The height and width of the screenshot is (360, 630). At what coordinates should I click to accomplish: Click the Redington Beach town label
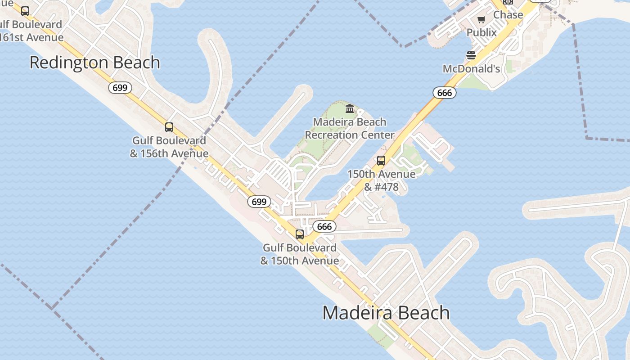(95, 63)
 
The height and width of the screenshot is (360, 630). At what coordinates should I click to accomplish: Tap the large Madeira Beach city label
(386, 313)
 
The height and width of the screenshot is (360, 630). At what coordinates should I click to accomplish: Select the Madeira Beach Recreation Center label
(350, 128)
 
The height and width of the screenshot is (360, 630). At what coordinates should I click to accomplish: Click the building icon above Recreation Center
(350, 108)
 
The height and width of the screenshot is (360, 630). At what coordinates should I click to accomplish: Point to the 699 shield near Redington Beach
(120, 88)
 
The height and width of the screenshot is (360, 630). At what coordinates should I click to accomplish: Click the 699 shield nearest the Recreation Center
(259, 202)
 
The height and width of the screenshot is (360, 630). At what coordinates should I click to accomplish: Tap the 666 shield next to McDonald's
(445, 93)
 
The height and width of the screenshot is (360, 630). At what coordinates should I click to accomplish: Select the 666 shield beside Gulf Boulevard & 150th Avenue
(324, 226)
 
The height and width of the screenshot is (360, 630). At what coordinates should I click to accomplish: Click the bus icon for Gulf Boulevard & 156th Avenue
(169, 127)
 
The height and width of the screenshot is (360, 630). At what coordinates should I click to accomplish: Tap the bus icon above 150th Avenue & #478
(381, 161)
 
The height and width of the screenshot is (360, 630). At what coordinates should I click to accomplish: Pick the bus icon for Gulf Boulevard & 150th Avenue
(300, 234)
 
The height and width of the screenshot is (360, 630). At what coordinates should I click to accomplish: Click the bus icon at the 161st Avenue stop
(25, 11)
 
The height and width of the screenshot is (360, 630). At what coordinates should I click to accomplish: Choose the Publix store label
(481, 32)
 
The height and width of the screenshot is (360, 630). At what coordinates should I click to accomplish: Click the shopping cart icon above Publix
(481, 19)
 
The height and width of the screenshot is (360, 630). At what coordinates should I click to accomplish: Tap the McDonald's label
(472, 69)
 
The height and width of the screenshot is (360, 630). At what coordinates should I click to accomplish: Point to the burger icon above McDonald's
(471, 55)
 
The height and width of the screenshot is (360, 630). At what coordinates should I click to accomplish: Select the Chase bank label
(508, 15)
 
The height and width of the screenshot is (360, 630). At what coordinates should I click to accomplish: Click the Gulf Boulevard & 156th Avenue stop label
(169, 147)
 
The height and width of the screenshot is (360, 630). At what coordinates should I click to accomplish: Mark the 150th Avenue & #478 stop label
(381, 180)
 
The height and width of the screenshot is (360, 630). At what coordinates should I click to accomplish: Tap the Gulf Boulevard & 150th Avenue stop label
(300, 254)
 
